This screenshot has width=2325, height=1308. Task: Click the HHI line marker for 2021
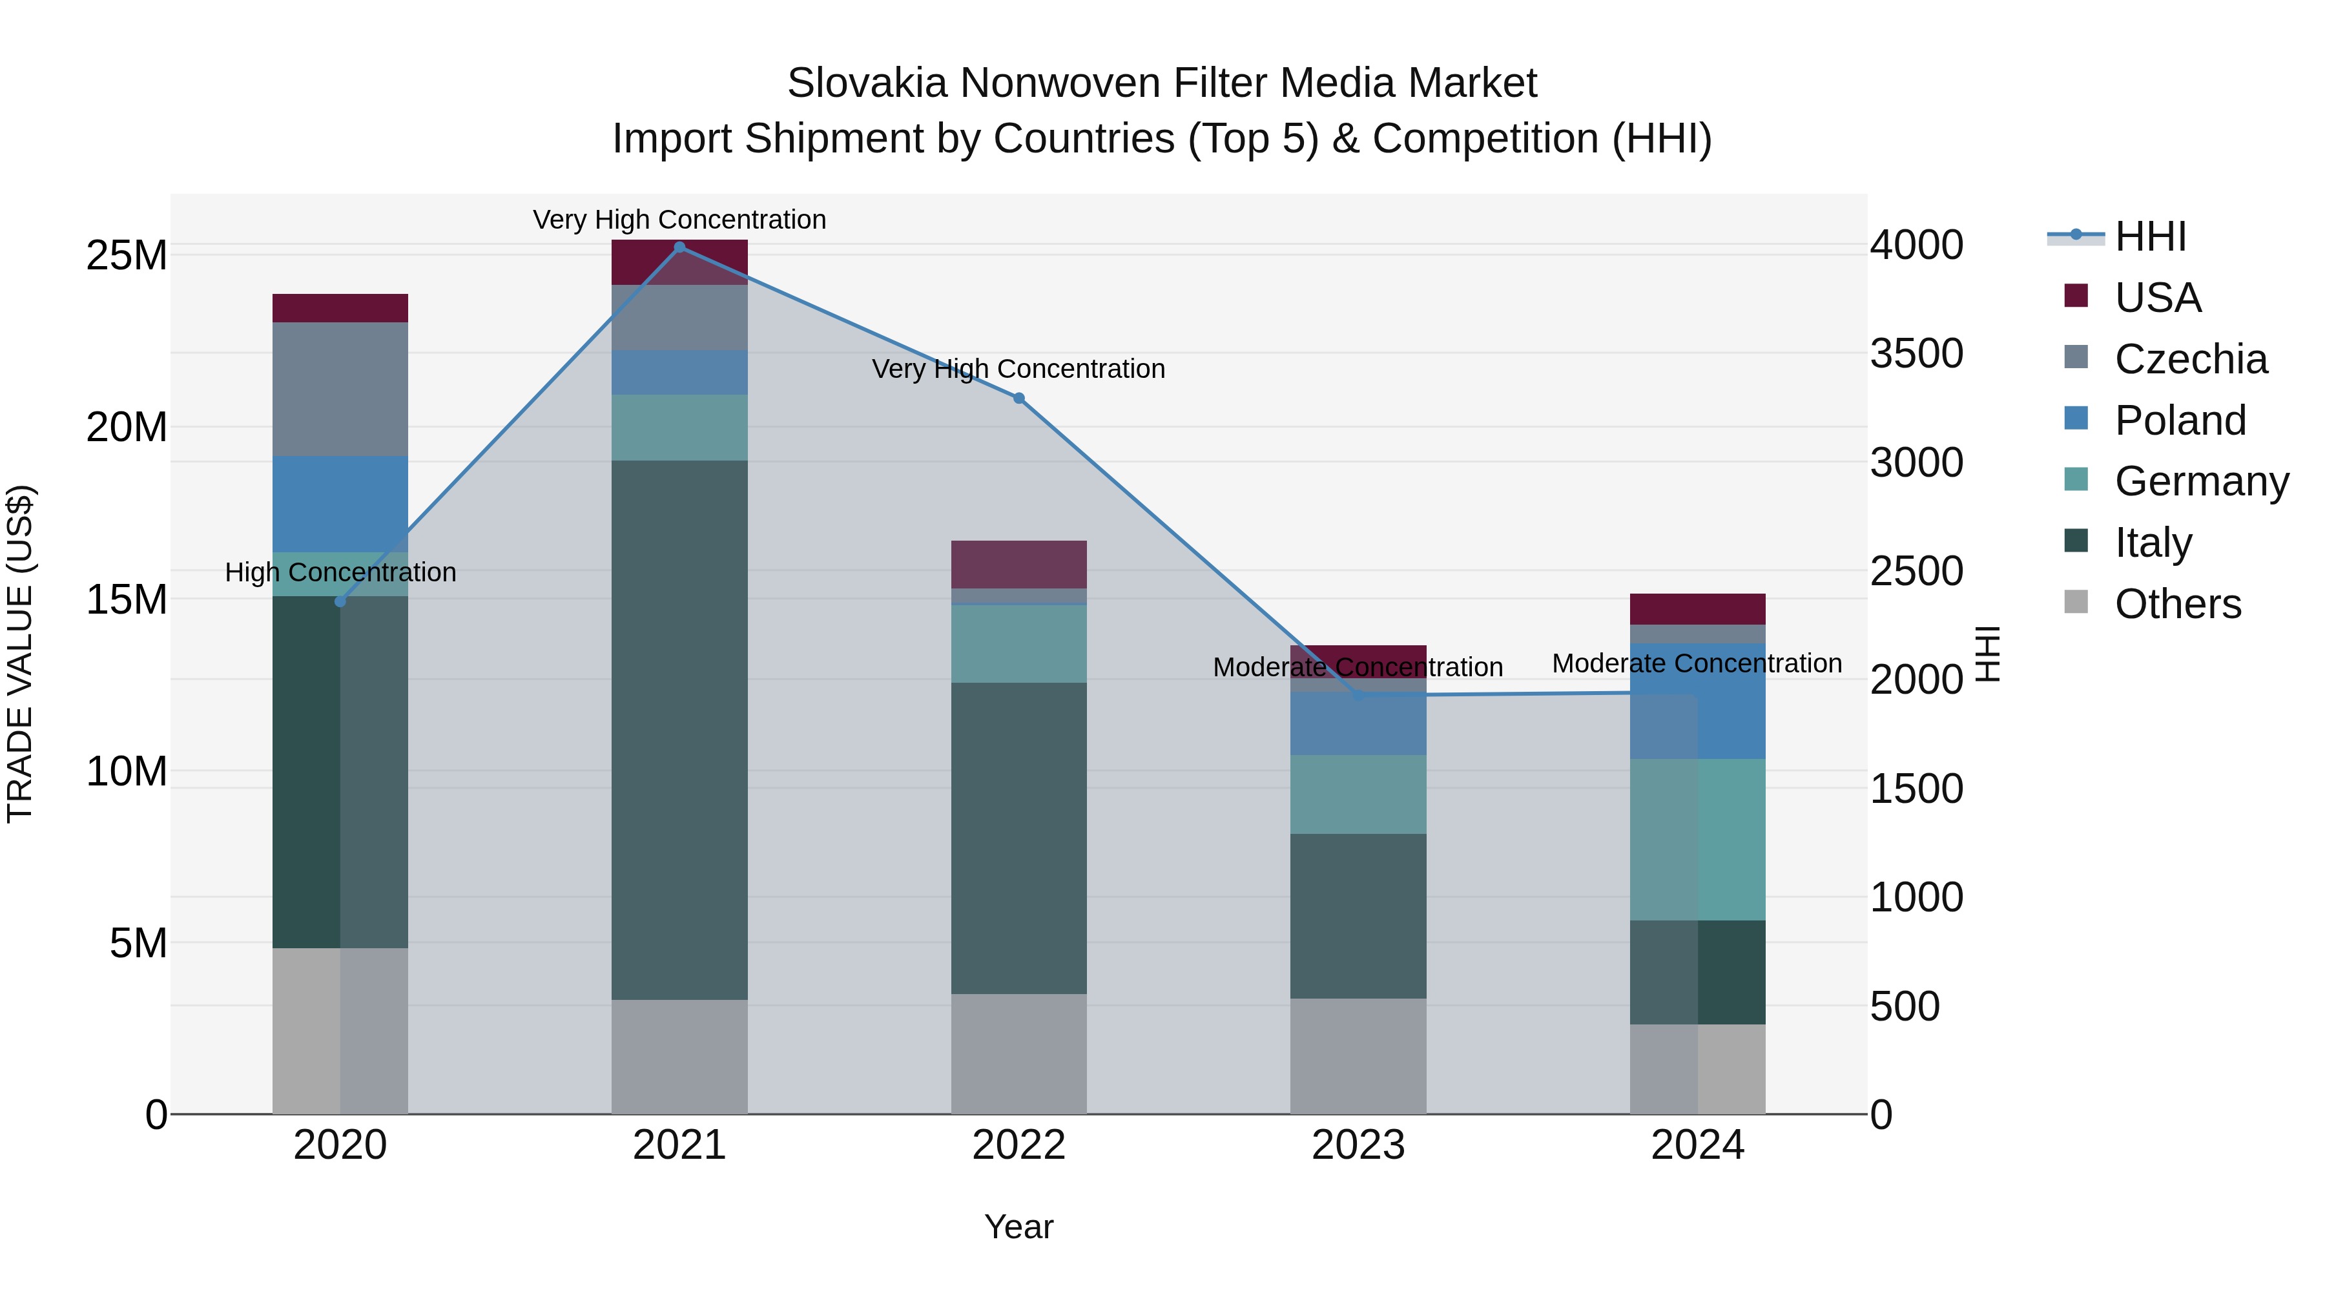coord(679,247)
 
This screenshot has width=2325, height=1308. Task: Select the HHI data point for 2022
coord(1019,398)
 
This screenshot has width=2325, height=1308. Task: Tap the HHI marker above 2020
coord(340,602)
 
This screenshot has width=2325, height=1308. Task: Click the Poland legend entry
coord(2180,420)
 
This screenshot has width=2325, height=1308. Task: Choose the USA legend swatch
coord(2076,296)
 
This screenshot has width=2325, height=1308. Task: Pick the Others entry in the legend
coord(2177,604)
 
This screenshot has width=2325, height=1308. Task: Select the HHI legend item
coord(2149,236)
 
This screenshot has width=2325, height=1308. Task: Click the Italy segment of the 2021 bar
coord(679,729)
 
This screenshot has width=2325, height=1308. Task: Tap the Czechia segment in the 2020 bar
coord(340,389)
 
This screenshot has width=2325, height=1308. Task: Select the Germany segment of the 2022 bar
coord(1019,643)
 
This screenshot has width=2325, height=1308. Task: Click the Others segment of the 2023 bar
coord(1358,1055)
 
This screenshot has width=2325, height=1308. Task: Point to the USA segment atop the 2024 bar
coord(1698,608)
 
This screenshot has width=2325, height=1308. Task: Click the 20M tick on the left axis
coord(127,427)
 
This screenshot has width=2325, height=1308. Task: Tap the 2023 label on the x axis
coord(1358,1145)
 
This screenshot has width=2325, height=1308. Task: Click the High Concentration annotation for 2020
coord(340,572)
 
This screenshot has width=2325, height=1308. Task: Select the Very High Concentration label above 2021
coord(679,220)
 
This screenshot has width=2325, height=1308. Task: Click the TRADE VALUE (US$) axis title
coord(20,654)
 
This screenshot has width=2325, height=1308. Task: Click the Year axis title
coord(1019,1227)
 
